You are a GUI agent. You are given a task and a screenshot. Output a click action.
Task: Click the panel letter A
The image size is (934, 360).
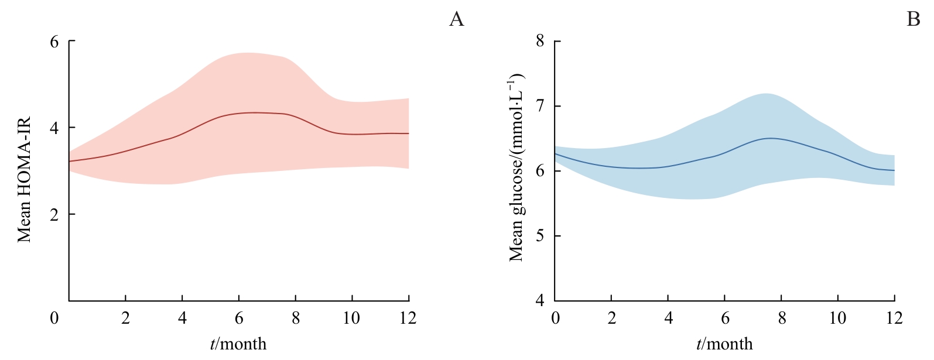[x=456, y=19]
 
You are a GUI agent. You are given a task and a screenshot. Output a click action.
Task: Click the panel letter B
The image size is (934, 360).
[x=913, y=19]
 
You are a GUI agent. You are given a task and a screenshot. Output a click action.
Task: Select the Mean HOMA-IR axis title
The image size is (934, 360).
[x=23, y=180]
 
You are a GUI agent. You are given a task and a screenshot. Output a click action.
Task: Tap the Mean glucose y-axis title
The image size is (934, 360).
[x=515, y=168]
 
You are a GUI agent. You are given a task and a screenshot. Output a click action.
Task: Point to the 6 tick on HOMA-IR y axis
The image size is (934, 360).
[x=54, y=42]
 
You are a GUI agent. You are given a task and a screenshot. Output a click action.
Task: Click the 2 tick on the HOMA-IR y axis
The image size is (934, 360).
[x=54, y=214]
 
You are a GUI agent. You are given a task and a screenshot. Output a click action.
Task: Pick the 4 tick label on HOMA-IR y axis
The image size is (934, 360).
[x=54, y=128]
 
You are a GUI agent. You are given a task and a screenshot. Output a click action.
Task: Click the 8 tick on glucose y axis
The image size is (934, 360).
[x=540, y=41]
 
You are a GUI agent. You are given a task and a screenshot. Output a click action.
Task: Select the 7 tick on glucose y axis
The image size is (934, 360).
[x=540, y=106]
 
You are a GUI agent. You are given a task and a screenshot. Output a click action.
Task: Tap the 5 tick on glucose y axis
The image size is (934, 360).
[x=540, y=236]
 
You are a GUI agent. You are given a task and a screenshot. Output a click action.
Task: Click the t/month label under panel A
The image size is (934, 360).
[x=238, y=344]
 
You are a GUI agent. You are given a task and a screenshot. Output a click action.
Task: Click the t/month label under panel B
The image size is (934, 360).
[x=724, y=344]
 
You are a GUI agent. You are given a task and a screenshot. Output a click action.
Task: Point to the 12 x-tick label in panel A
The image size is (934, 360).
[x=408, y=318]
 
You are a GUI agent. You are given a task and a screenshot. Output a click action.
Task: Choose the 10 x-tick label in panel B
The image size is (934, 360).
[x=838, y=318]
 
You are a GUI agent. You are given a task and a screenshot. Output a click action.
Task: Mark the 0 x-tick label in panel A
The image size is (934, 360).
[x=54, y=318]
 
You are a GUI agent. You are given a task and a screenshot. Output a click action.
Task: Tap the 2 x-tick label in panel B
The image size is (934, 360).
[x=612, y=318]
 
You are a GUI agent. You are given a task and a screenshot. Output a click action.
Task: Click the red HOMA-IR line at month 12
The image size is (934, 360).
[x=408, y=133]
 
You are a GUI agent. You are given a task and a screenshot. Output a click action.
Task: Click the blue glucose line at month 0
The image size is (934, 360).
[x=556, y=154]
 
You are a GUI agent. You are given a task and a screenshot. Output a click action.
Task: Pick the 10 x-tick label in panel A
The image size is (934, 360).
[x=351, y=318]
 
